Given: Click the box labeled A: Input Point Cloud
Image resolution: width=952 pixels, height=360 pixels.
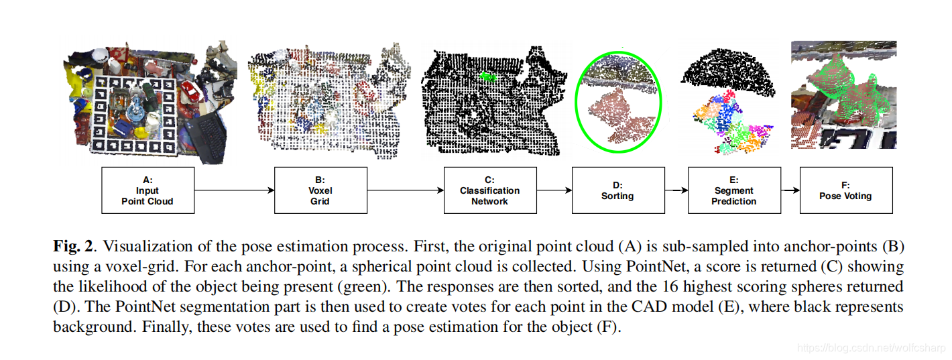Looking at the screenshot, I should click(147, 190).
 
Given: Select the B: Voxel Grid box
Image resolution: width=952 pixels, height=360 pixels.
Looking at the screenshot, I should click(320, 190).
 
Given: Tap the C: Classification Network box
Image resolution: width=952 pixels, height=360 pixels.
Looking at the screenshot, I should click(489, 190).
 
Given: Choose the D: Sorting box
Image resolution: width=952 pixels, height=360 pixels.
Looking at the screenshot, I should click(617, 190).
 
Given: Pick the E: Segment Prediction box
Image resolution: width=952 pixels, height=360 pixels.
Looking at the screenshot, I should click(734, 190).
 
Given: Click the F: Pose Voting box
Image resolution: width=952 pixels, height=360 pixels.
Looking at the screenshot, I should click(846, 190).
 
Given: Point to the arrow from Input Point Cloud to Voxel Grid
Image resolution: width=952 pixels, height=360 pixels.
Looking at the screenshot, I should click(234, 190).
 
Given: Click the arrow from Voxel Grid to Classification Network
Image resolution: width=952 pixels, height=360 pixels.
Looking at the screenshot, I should click(406, 190).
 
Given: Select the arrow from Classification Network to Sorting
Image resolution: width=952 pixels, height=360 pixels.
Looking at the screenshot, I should click(553, 190).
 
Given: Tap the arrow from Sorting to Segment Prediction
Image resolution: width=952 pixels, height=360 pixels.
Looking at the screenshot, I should click(676, 190).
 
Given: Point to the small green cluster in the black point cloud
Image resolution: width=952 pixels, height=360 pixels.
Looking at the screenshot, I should click(487, 76).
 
